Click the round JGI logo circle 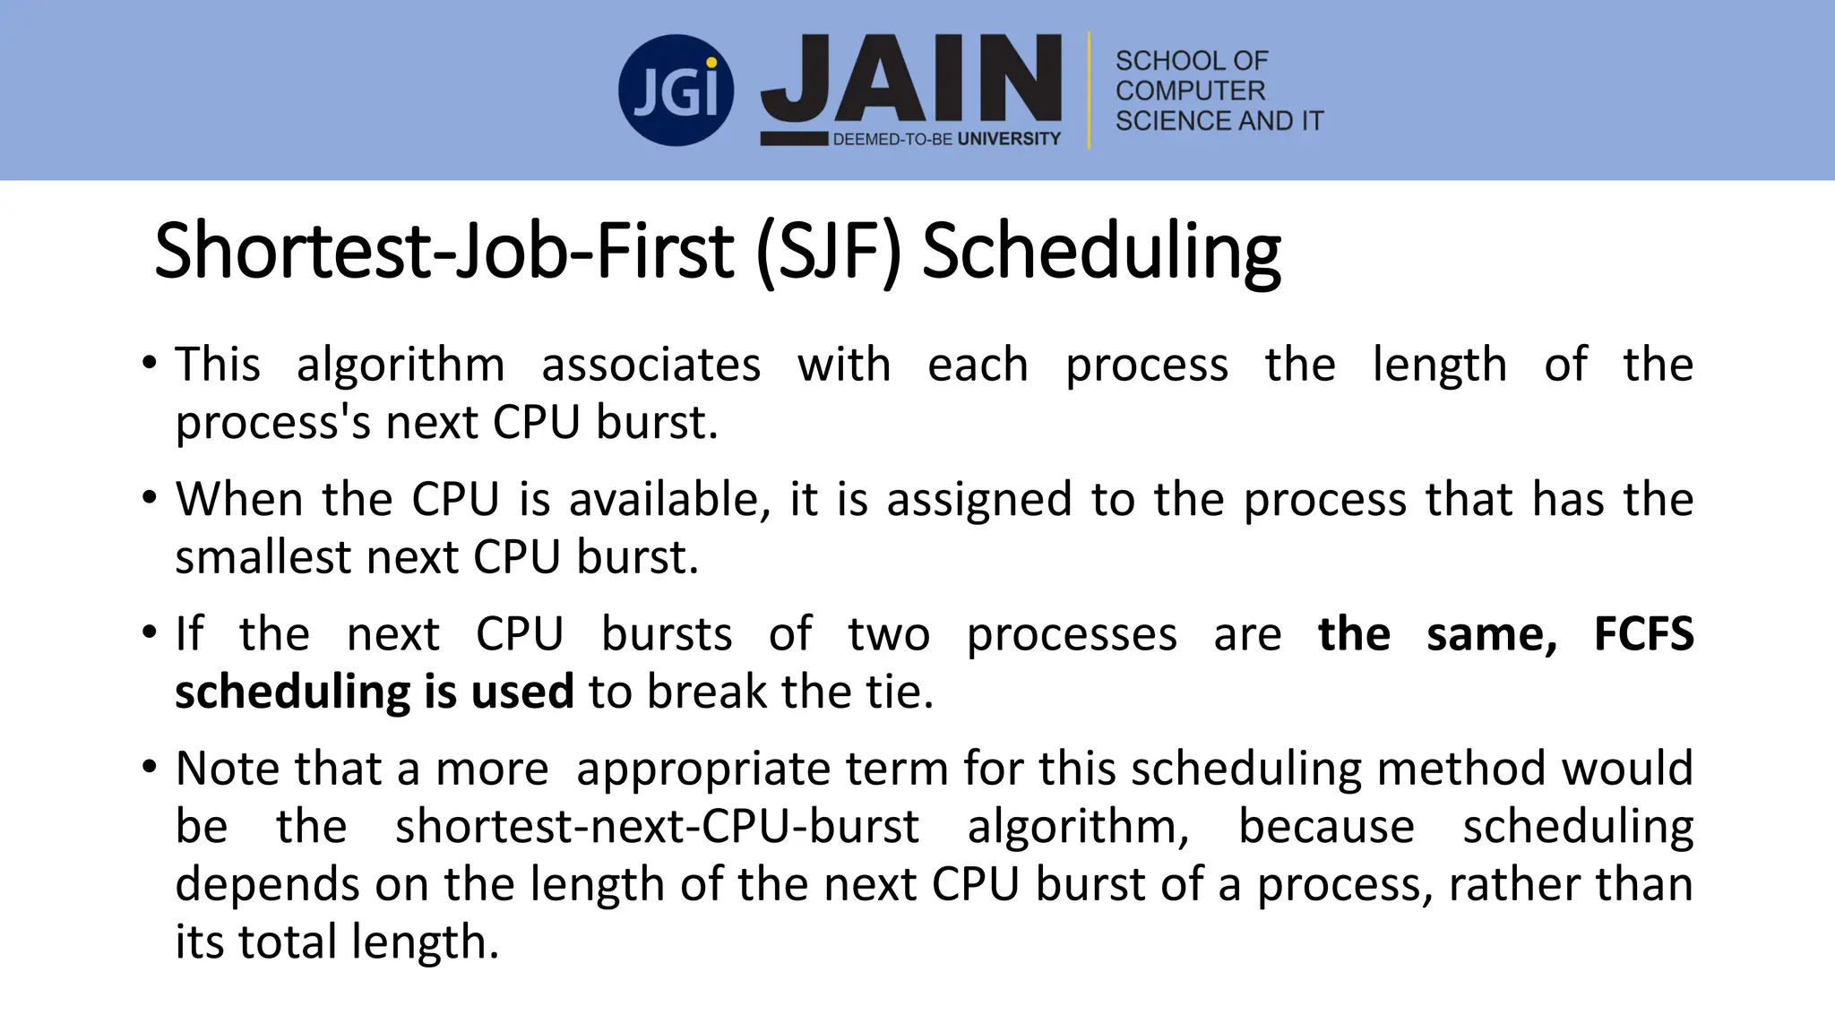676,90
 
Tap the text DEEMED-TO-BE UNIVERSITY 946,139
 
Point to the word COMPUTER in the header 1190,90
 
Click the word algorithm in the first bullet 401,365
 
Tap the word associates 651,365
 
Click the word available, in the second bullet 669,500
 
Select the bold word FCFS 1643,634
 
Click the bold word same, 1492,634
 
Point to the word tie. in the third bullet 900,692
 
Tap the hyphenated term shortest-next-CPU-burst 657,827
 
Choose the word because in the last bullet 1326,827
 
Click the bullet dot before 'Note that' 149,767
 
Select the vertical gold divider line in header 1090,90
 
